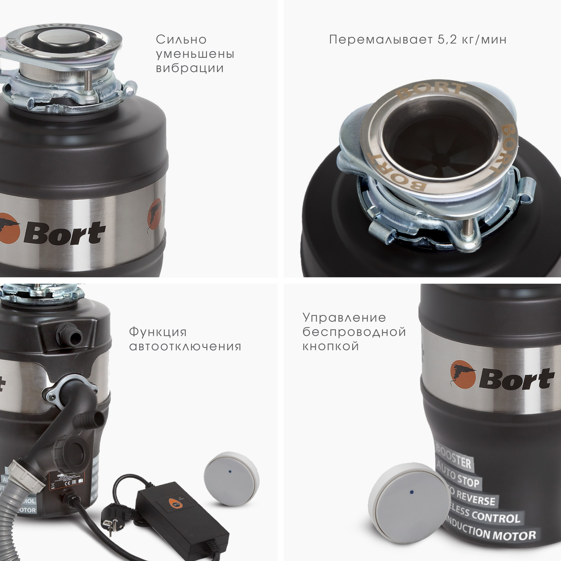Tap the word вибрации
tap(189, 68)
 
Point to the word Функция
tap(158, 332)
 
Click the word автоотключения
tap(185, 346)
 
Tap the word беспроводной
tap(354, 332)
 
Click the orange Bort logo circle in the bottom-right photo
tap(462, 374)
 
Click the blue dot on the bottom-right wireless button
tap(412, 492)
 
